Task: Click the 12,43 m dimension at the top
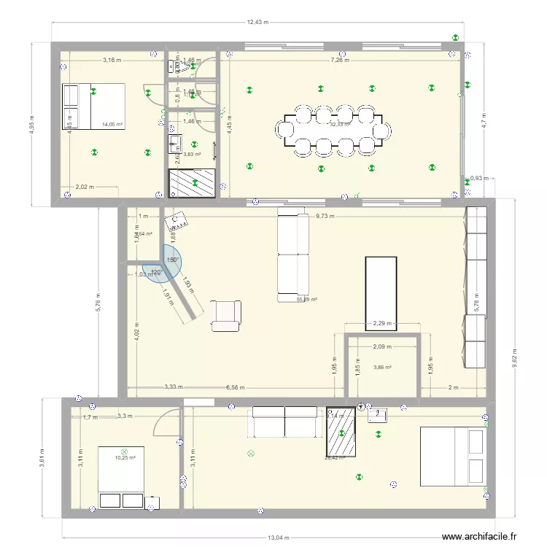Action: tap(257, 22)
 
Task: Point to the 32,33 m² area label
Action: tap(340, 124)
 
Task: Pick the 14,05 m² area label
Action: tap(112, 125)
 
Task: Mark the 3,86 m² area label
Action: tap(382, 368)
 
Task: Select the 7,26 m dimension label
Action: tap(340, 61)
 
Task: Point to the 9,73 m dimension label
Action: tap(325, 216)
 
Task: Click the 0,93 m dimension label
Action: tap(479, 178)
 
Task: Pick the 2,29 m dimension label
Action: tap(382, 324)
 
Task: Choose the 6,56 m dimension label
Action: tap(236, 388)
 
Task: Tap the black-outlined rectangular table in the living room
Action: tap(380, 289)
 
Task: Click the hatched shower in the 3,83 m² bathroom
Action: tap(194, 183)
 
